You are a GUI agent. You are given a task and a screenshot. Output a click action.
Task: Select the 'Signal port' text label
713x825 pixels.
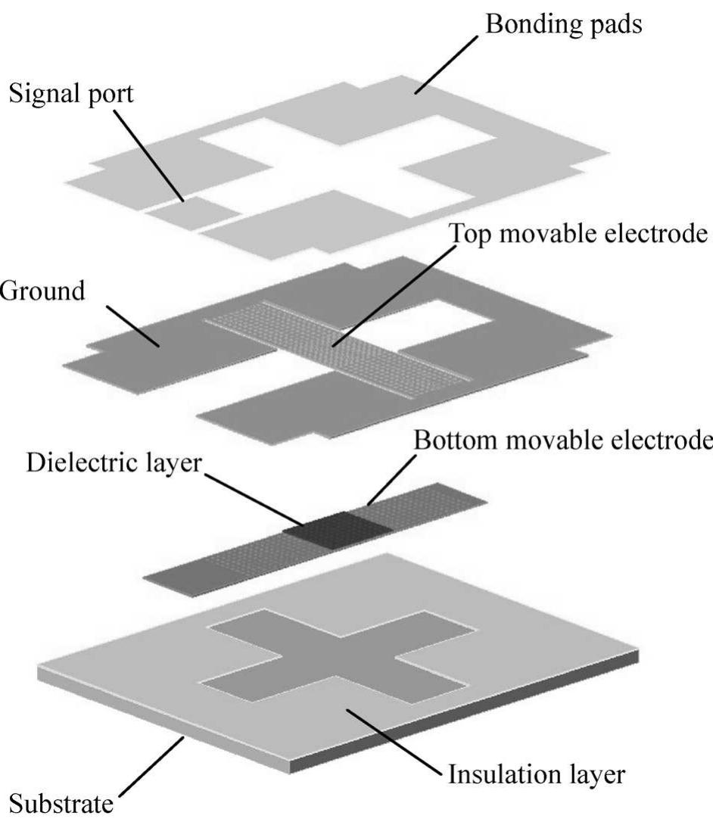(69, 95)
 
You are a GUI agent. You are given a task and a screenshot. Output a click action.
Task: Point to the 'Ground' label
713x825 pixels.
(42, 291)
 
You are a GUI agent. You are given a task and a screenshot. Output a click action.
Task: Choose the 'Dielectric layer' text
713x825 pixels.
(114, 462)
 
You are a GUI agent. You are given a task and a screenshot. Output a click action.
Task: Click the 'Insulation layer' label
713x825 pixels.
(536, 774)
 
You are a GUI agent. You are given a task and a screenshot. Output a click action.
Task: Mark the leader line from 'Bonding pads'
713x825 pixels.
(447, 64)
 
